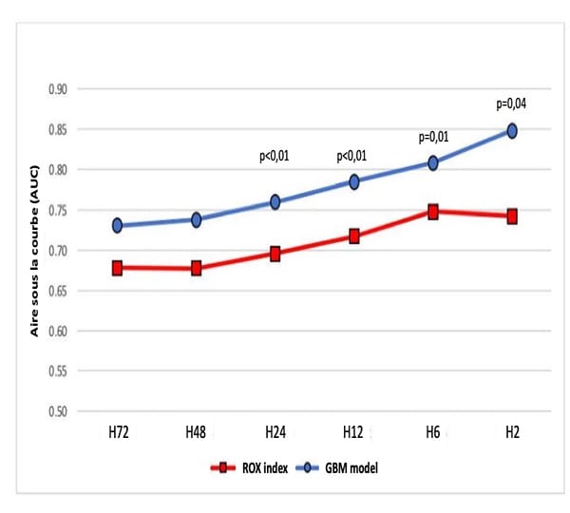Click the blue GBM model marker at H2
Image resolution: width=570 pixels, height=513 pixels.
pos(512,131)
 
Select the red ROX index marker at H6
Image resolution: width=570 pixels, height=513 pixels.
pos(433,212)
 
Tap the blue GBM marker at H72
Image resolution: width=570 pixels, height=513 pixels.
pos(117,225)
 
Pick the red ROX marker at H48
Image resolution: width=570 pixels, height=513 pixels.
pos(196,269)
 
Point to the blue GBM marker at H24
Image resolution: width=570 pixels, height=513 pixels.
pos(275,201)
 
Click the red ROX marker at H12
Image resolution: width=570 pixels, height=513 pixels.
pos(354,237)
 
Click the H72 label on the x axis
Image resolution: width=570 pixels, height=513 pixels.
pos(117,433)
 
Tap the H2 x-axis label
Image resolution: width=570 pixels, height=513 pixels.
pos(512,433)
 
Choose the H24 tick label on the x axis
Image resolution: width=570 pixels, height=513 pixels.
pos(275,433)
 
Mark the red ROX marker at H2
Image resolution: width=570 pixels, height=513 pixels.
pos(512,217)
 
